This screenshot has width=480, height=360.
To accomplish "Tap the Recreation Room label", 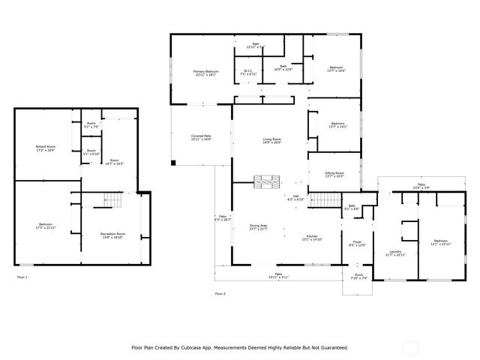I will coord(112,235).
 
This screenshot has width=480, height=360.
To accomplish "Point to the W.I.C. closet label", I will coord(248,73).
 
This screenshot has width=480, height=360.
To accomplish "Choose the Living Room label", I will coord(271,140).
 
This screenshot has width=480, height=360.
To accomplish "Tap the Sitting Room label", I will coord(334,174).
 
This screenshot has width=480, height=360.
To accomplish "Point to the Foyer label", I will coord(358,244).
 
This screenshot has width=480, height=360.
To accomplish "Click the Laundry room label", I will coord(395,253).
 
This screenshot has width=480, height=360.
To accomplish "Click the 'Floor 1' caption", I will coord(22,278).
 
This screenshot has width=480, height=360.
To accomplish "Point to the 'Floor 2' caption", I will coord(220,294).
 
